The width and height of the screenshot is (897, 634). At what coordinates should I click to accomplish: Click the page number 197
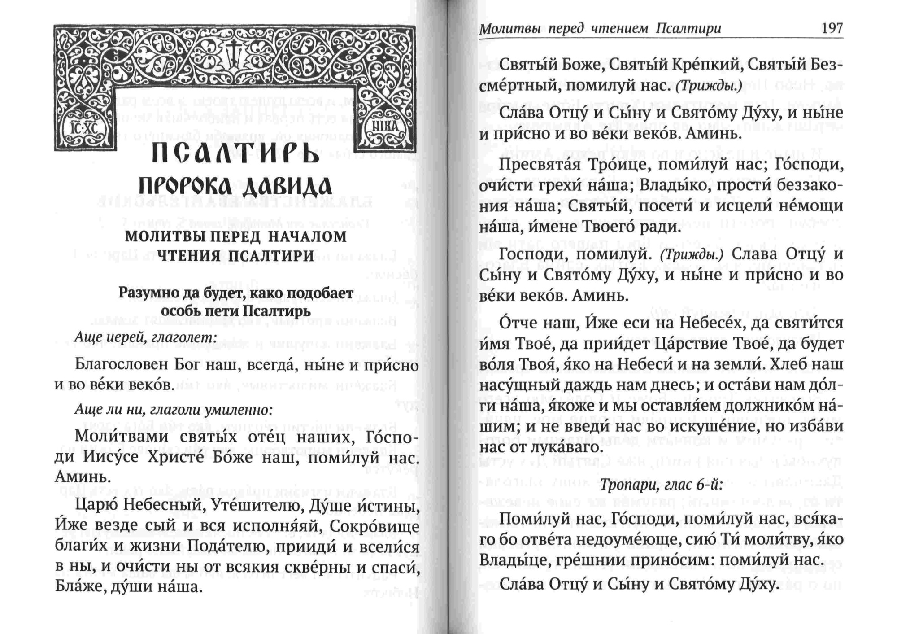pyautogui.click(x=832, y=28)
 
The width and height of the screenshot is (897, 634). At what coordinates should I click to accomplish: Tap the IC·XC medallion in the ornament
pyautogui.click(x=84, y=128)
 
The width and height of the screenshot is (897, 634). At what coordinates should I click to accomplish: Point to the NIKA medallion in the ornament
pyautogui.click(x=385, y=127)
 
